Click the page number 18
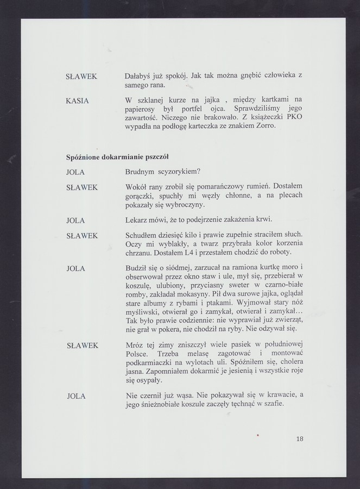[300, 438]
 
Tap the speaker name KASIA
[77, 101]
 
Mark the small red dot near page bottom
[258, 434]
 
